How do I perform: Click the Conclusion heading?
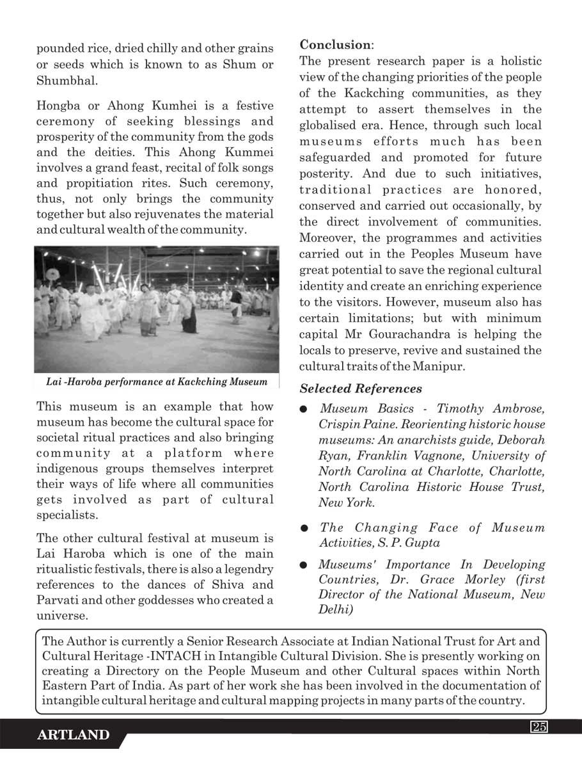[334, 45]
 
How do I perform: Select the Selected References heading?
[361, 389]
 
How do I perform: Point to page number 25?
[538, 727]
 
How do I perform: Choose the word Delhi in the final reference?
[333, 609]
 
